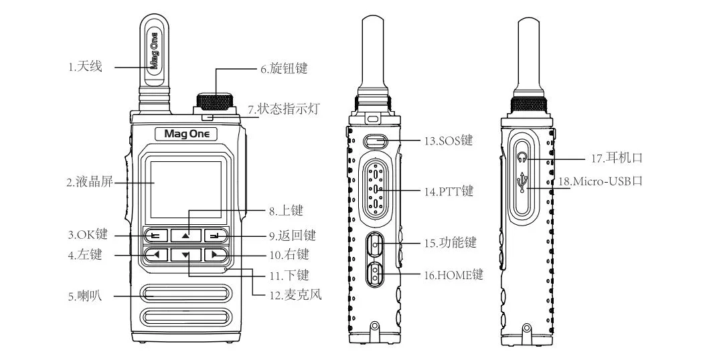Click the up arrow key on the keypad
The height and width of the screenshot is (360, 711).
(185, 236)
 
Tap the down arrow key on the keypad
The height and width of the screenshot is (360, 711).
(185, 255)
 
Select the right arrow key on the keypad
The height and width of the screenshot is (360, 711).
(215, 254)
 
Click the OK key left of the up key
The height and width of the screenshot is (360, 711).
(156, 236)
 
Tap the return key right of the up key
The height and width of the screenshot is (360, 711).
(215, 236)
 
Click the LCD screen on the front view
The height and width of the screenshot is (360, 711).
(186, 189)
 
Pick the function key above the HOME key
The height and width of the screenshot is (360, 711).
(376, 246)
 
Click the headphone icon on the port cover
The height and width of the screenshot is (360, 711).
(523, 159)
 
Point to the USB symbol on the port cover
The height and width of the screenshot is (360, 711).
(523, 181)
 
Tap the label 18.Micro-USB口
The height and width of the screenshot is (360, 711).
(599, 181)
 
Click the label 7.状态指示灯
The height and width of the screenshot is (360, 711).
(279, 108)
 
